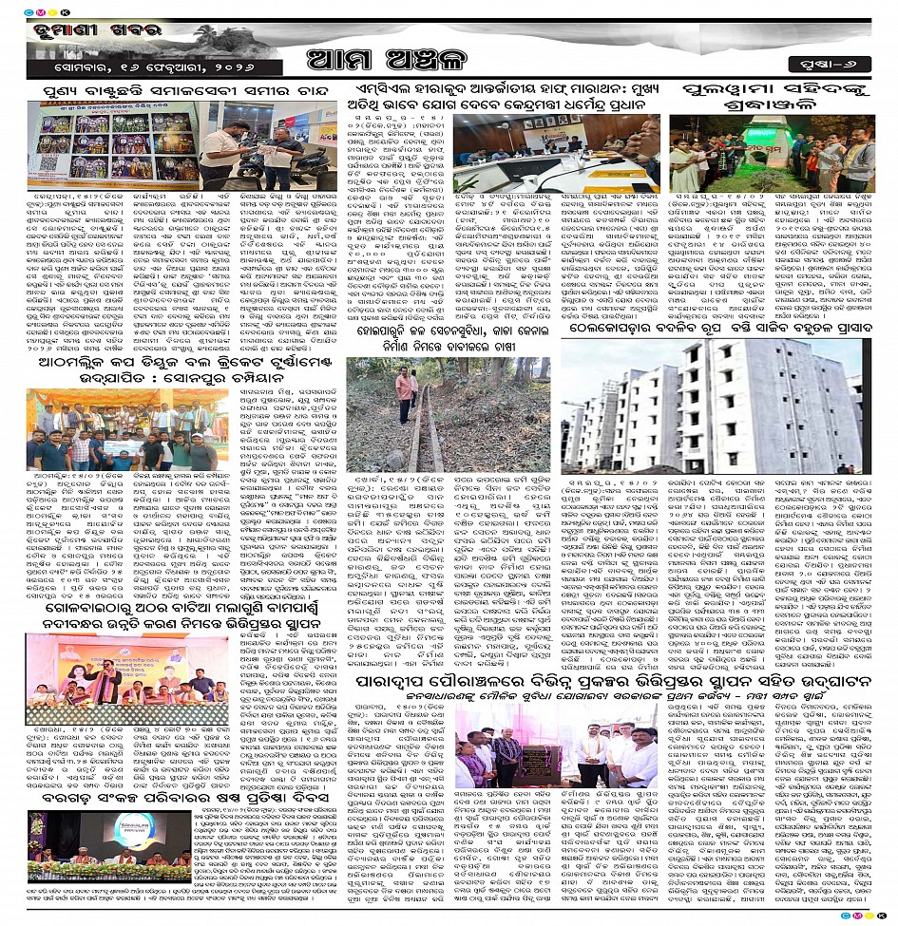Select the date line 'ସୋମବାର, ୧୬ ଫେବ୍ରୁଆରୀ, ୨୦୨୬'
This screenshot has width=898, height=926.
point(124,68)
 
